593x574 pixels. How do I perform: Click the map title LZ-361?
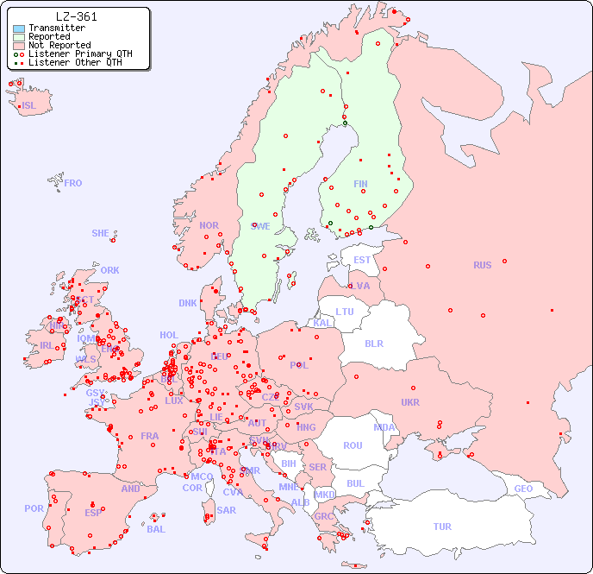[x=76, y=16]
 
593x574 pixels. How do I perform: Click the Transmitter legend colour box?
[x=19, y=28]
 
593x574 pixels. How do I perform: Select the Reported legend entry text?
[x=49, y=36]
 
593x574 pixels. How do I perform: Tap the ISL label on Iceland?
[x=28, y=106]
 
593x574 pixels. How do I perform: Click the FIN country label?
[x=360, y=184]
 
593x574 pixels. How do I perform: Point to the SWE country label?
[x=260, y=226]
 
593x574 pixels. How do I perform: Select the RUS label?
[x=482, y=265]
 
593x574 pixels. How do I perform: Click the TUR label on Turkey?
[x=442, y=527]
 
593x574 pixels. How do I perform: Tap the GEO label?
[x=523, y=489]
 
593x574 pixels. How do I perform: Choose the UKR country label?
[x=410, y=402]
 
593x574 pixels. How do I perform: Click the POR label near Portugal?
[x=34, y=508]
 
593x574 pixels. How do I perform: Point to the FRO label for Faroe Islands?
[x=72, y=183]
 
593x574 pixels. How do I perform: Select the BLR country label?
[x=373, y=343]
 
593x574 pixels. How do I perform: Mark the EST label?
[x=362, y=260]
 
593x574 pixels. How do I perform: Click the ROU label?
[x=353, y=445]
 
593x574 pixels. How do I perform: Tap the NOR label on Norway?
[x=209, y=225]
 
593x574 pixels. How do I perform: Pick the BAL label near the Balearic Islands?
[x=155, y=529]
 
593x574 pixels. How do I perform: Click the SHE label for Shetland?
[x=101, y=233]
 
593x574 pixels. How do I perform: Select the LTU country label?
[x=345, y=312]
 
